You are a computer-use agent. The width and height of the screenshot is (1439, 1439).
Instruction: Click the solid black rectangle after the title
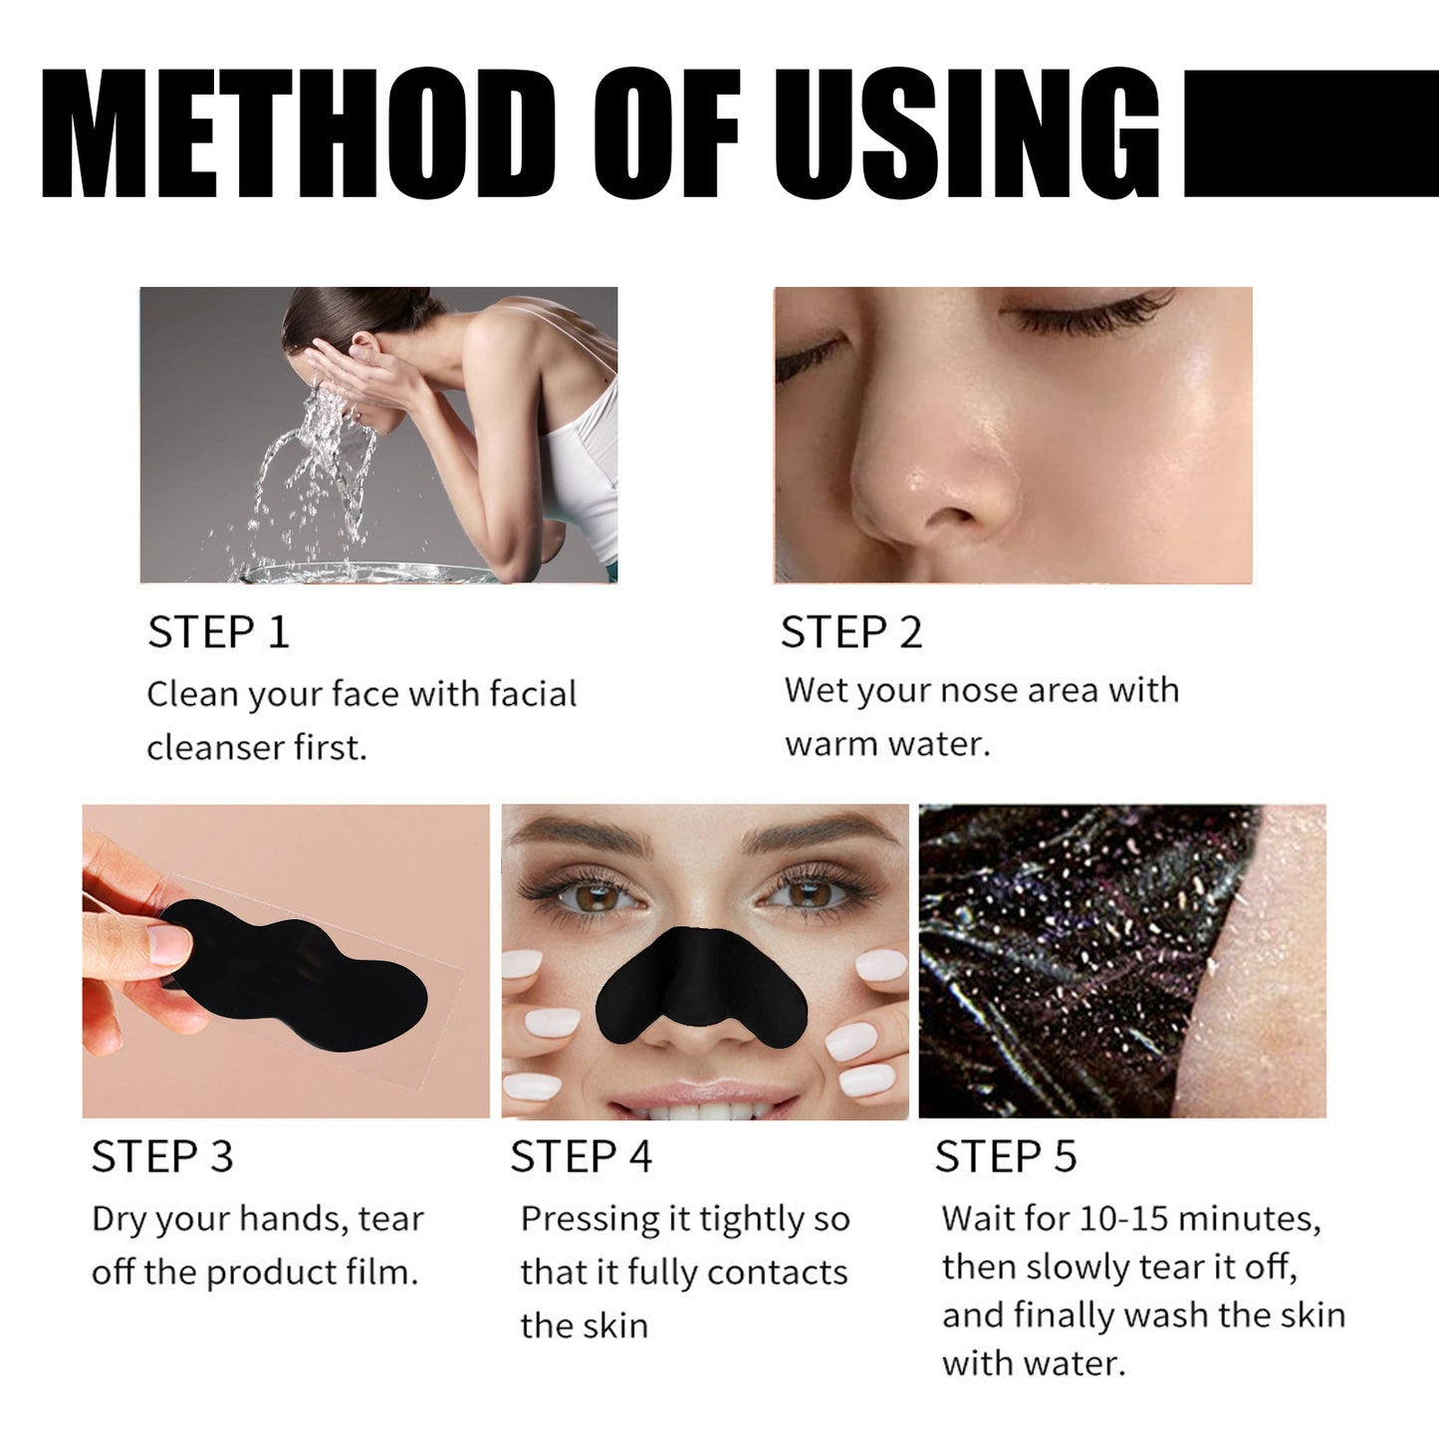point(1310,133)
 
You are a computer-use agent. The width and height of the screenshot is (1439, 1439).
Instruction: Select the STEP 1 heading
point(218,632)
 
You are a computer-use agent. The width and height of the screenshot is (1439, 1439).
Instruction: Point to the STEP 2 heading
point(851,632)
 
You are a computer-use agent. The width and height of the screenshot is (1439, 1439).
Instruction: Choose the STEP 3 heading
point(162,1157)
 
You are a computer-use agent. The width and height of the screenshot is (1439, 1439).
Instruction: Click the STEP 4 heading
point(581,1157)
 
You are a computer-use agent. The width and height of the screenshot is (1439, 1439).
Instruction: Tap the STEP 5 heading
point(1005,1157)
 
